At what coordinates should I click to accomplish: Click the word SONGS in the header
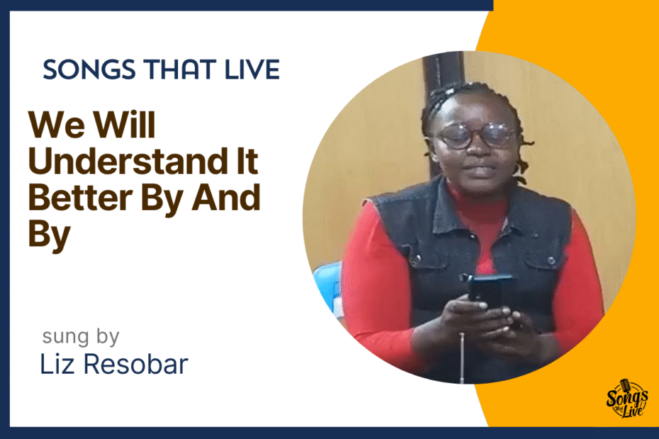point(89,69)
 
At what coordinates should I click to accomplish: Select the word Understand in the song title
point(128,161)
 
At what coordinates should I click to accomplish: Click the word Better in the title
point(80,198)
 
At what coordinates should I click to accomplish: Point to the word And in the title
point(226,198)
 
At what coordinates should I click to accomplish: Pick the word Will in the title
point(125,125)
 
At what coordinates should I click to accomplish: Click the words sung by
point(81,337)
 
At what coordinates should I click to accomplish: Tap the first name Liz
point(57,364)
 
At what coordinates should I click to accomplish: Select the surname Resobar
point(135,364)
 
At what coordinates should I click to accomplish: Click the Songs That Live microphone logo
point(626,398)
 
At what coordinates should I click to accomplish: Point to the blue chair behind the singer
point(328,286)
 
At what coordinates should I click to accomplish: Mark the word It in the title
point(247,161)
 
